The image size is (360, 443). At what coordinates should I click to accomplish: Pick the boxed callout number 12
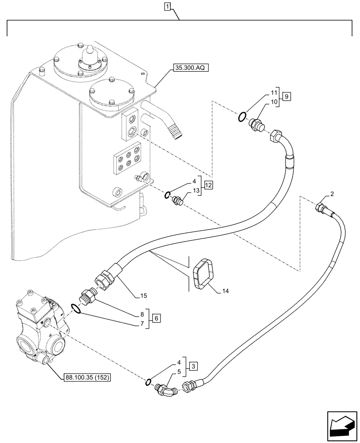click(x=208, y=186)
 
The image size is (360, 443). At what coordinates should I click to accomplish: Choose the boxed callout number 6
click(x=156, y=318)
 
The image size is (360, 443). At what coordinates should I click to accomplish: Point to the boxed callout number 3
click(x=192, y=366)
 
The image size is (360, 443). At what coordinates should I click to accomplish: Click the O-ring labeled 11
click(x=242, y=117)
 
